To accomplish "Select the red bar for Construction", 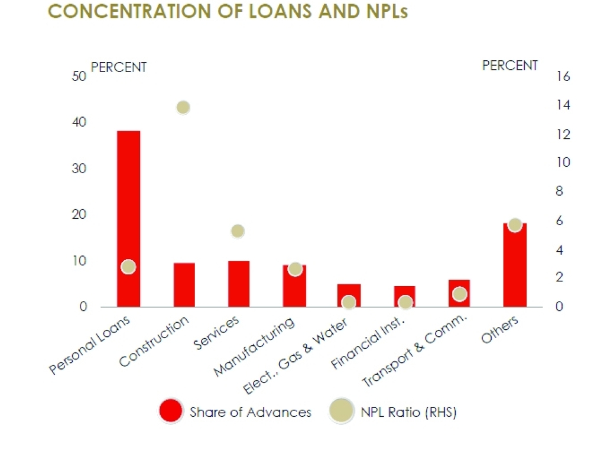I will tap(184, 285).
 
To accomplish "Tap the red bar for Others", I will tap(514, 266).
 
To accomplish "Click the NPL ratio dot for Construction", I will tap(183, 108).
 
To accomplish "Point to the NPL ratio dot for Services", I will tap(238, 231).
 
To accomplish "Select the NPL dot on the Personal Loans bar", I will tap(128, 267).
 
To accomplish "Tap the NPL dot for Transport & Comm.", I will tap(460, 294).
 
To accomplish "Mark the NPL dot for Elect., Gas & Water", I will tap(349, 302).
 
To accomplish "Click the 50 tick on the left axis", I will tap(79, 77).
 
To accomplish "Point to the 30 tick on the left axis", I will tap(79, 169).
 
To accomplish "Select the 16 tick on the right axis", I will tap(562, 77).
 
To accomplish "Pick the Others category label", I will tap(499, 329).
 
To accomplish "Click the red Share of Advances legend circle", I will tap(171, 411).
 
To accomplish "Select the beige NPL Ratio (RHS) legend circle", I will tap(342, 411).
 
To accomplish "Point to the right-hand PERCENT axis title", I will tap(509, 66).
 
